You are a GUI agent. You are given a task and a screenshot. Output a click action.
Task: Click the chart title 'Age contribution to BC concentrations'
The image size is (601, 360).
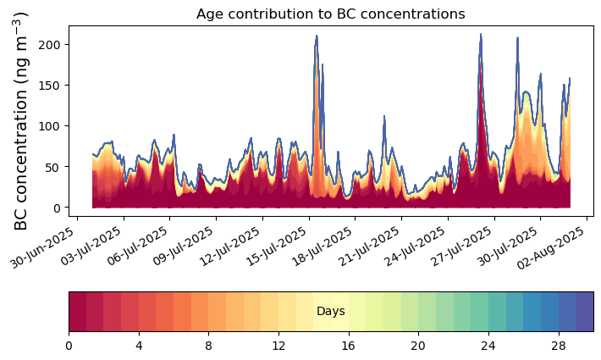pyautogui.click(x=330, y=14)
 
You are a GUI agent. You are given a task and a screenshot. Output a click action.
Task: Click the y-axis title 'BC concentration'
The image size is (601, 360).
pyautogui.click(x=22, y=121)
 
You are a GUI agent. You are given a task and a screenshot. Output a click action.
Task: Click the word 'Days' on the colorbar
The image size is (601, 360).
pyautogui.click(x=330, y=312)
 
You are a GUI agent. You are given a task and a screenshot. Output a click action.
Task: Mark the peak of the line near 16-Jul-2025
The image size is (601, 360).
pyautogui.click(x=317, y=36)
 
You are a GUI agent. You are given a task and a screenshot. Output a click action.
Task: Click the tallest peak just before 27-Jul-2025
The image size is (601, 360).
pyautogui.click(x=481, y=34)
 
